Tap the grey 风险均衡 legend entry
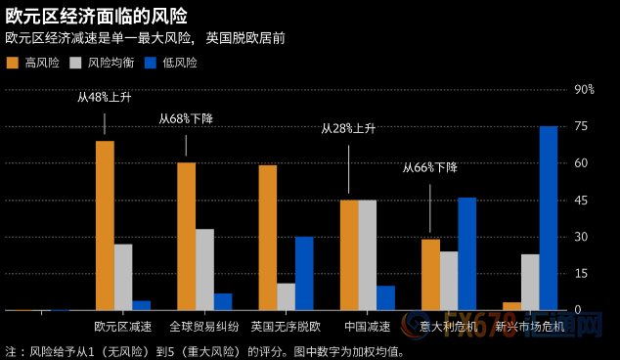102,62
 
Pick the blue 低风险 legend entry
170,62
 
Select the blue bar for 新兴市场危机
549,217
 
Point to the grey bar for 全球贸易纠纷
204,269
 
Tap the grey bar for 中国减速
367,254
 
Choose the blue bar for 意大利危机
466,253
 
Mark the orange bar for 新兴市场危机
511,305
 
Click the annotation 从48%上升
105,98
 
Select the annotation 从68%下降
186,118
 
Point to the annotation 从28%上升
349,129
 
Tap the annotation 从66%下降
430,167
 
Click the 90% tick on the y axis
583,90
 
